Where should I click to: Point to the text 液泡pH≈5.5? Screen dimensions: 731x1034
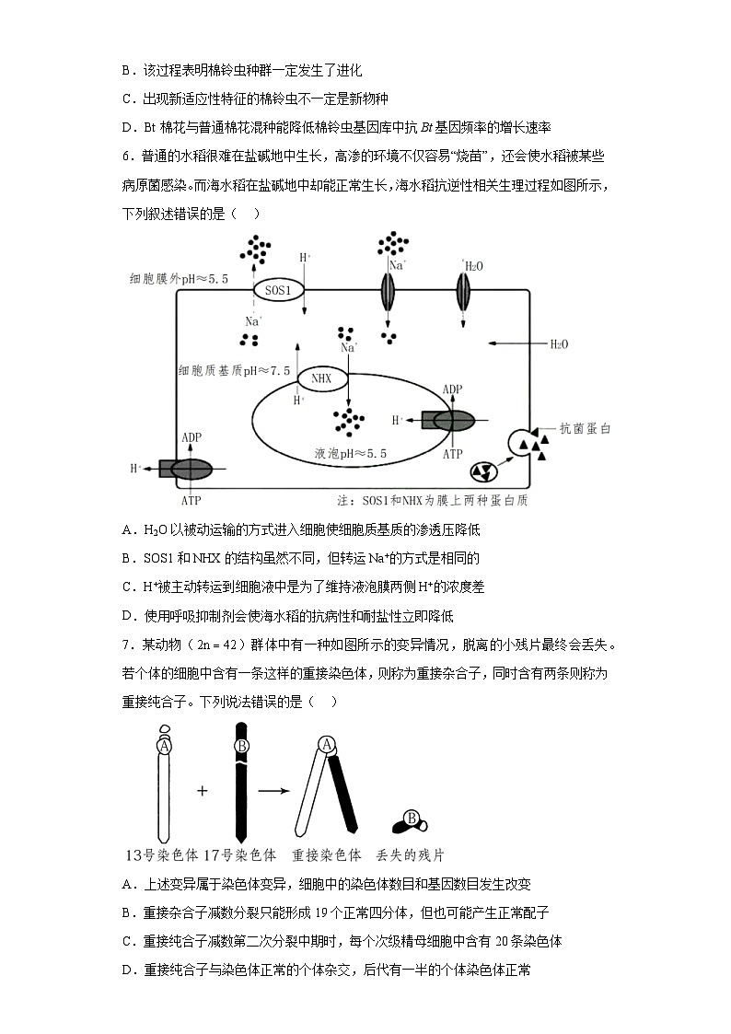pyautogui.click(x=350, y=454)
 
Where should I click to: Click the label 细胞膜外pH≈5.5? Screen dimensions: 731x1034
pyautogui.click(x=179, y=277)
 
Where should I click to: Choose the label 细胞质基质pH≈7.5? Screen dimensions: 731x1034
pyautogui.click(x=235, y=370)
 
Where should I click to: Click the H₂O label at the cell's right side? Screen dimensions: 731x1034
pyautogui.click(x=559, y=343)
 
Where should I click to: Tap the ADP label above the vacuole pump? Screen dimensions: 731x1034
pyautogui.click(x=452, y=389)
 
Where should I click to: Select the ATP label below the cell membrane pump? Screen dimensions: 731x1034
pyautogui.click(x=191, y=500)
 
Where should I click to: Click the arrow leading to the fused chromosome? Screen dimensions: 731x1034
pyautogui.click(x=270, y=791)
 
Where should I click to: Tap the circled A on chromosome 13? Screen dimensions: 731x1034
pyautogui.click(x=164, y=747)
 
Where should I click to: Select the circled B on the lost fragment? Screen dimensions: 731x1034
pyautogui.click(x=412, y=818)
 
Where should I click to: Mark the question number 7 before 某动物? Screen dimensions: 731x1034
pyautogui.click(x=126, y=645)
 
